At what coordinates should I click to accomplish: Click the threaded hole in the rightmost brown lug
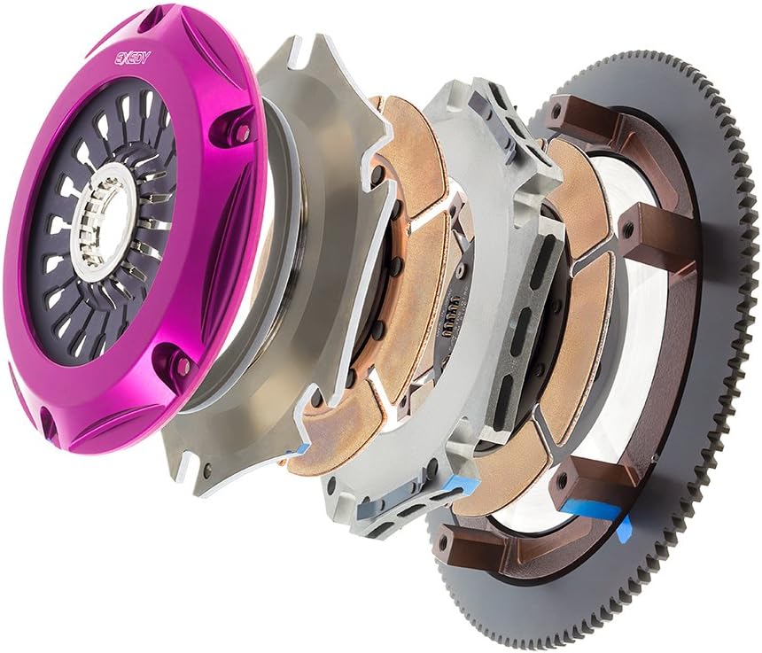coord(630,225)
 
